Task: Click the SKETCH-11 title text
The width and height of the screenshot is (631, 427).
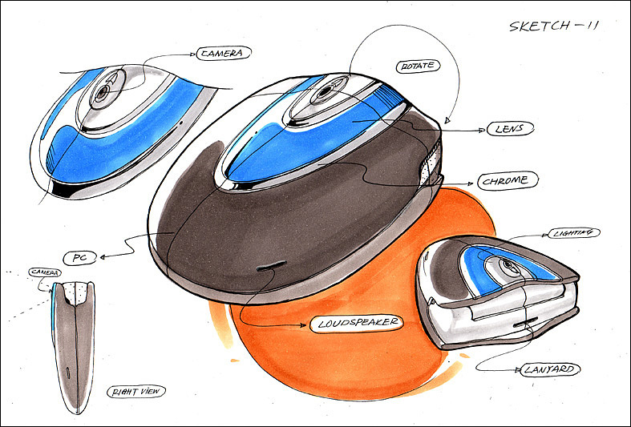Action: (x=553, y=26)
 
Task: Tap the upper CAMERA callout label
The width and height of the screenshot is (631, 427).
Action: (x=220, y=53)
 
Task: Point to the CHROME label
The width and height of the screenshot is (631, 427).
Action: (x=507, y=180)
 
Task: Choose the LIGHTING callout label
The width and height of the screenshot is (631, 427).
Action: (x=573, y=232)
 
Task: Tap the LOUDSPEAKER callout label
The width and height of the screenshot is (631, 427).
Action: (x=354, y=324)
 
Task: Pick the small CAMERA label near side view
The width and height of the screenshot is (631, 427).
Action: (x=45, y=272)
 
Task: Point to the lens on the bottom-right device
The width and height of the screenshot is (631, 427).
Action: (x=508, y=268)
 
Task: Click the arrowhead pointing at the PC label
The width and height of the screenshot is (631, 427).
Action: (x=103, y=256)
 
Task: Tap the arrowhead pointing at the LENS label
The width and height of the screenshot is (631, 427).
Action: (x=478, y=128)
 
